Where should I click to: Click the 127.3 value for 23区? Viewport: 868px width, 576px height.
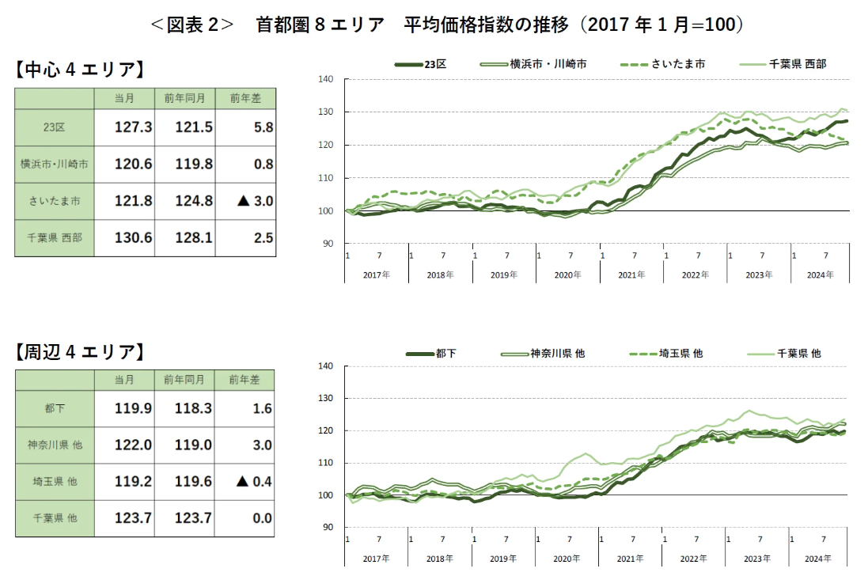click(134, 127)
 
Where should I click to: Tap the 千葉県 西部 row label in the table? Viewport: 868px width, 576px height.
click(55, 237)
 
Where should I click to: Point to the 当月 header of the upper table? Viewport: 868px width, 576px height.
click(124, 98)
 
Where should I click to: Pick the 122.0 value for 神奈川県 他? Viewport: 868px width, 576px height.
click(134, 445)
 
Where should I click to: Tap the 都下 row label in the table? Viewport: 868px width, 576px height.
click(55, 408)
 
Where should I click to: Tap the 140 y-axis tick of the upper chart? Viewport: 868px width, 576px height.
click(326, 79)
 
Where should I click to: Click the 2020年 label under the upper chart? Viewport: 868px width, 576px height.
click(567, 275)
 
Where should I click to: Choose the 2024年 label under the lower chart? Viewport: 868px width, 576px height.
click(820, 559)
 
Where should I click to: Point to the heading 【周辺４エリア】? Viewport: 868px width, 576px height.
click(79, 352)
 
